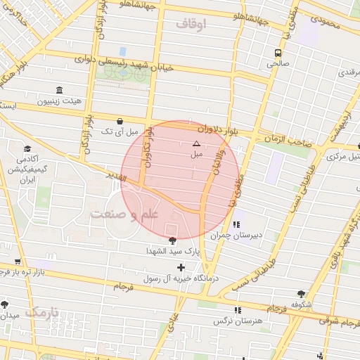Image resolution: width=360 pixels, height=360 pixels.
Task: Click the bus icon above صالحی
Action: tap(279, 53)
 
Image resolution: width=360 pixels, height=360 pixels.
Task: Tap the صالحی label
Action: tap(276, 64)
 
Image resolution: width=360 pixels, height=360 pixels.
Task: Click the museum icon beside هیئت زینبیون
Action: tap(58, 91)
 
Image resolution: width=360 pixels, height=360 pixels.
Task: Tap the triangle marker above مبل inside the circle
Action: tap(196, 143)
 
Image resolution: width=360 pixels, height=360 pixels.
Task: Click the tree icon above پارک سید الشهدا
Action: tap(173, 240)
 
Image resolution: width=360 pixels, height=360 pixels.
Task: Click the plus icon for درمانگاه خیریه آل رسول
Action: tap(181, 267)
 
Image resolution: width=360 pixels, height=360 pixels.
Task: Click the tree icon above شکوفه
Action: tap(302, 294)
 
